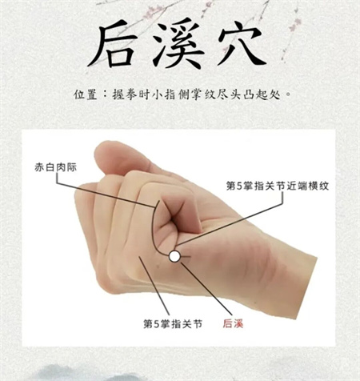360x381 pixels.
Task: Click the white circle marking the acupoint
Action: pyautogui.click(x=174, y=256)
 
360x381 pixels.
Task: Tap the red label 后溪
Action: pyautogui.click(x=233, y=324)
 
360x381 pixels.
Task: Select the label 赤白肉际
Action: pyautogui.click(x=56, y=167)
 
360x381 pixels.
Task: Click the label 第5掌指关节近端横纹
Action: pyautogui.click(x=278, y=186)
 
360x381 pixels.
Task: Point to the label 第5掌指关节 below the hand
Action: pyautogui.click(x=173, y=324)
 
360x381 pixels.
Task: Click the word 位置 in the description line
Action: pyautogui.click(x=86, y=94)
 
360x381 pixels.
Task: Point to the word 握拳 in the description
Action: pyautogui.click(x=124, y=94)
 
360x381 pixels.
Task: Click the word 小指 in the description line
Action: pyautogui.click(x=163, y=94)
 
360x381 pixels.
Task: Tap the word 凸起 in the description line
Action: pyautogui.click(x=255, y=94)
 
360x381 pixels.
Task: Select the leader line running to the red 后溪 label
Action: pyautogui.click(x=206, y=288)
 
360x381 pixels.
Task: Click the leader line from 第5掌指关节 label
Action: pyautogui.click(x=154, y=286)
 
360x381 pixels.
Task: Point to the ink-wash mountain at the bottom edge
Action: pyautogui.click(x=70, y=373)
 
